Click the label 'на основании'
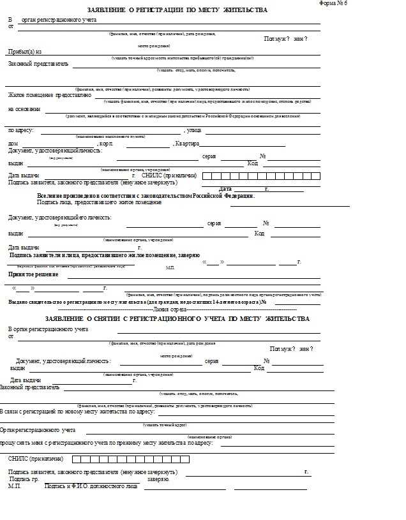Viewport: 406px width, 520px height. tap(24, 109)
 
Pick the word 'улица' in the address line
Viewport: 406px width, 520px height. tap(193, 130)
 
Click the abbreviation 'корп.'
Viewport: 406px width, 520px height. tap(107, 144)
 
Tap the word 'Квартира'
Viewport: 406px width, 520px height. tap(188, 144)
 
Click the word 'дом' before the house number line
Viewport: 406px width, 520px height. tap(13, 144)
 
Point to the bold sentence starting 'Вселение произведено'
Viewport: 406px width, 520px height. tap(146, 195)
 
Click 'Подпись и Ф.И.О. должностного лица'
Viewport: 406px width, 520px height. tap(91, 486)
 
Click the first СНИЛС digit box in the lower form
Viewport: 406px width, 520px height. tap(76, 459)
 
